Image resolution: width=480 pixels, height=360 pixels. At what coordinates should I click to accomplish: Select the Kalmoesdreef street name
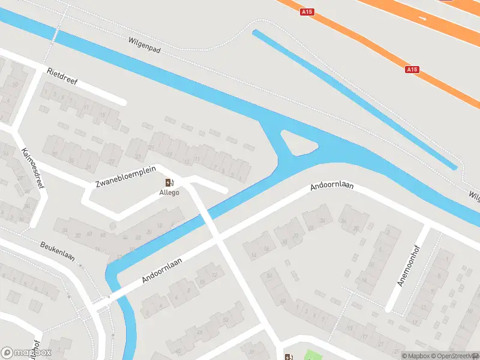pos(33,169)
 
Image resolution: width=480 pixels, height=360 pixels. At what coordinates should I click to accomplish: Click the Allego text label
pos(169,193)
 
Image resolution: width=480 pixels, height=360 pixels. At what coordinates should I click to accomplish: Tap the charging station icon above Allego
pos(169,183)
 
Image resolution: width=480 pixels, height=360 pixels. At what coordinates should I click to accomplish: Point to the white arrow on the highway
pos(423,19)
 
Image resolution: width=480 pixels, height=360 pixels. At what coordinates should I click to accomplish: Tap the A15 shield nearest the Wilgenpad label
pos(308,11)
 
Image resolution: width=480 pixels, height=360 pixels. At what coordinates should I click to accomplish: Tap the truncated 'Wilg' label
pos(474,195)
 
